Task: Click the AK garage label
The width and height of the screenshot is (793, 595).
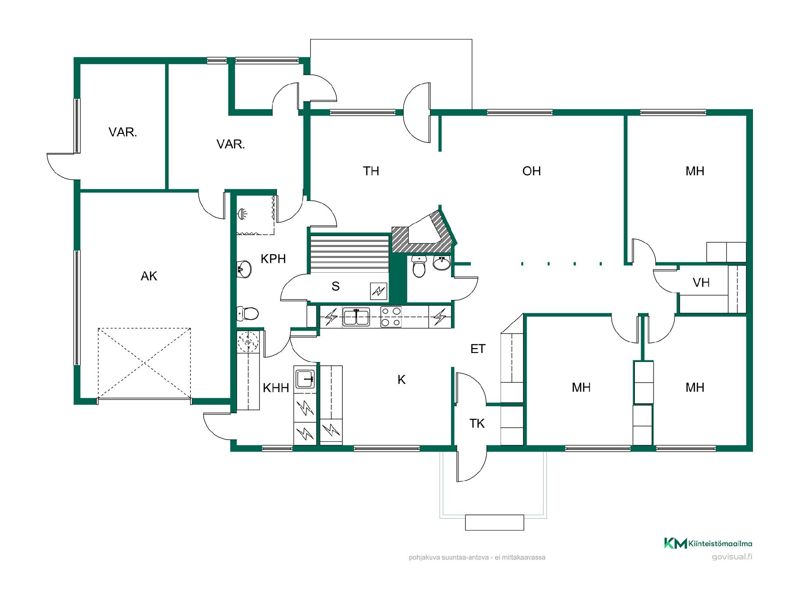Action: coord(149,276)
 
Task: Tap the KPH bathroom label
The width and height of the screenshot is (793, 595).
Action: coord(273,259)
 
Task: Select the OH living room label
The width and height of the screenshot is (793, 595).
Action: coord(532,171)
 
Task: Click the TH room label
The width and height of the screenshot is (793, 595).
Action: coord(371,171)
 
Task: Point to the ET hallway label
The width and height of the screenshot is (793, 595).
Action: coord(478,349)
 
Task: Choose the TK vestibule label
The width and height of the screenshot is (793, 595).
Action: coord(477,423)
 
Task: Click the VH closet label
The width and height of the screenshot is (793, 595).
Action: coord(701,283)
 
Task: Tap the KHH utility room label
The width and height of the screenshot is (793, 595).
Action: coord(276,388)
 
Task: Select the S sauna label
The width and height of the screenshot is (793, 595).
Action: coord(335,286)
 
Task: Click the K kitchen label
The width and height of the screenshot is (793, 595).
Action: coord(401,380)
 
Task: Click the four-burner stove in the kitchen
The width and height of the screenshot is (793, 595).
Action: coord(391,317)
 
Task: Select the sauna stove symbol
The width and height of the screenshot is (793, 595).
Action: coord(378,292)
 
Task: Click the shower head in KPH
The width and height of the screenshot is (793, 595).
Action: coord(243,214)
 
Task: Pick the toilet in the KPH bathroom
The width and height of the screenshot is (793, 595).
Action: coord(248,314)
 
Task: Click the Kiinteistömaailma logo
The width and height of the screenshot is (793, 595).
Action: coord(708,543)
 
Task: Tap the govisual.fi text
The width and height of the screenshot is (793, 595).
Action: coord(732,557)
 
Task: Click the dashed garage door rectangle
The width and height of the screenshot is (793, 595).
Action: coord(145,364)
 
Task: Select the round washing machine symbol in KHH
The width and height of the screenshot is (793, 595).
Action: coord(248,341)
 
